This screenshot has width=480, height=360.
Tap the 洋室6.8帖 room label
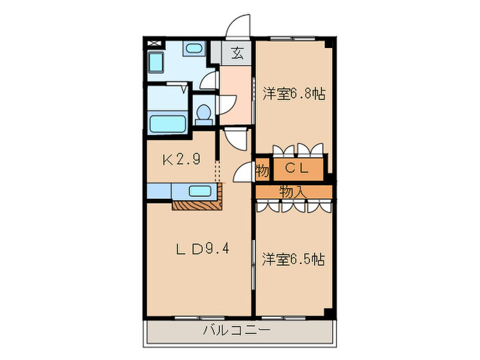click(x=293, y=96)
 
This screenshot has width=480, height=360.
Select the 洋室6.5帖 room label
click(x=293, y=259)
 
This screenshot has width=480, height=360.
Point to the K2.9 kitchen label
click(x=180, y=160)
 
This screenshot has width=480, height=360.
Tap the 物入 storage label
click(x=293, y=191)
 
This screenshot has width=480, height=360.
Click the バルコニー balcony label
click(x=237, y=331)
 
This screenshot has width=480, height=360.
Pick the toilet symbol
click(x=204, y=115)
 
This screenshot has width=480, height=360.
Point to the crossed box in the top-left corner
click(x=155, y=43)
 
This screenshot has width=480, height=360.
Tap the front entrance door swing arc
click(x=239, y=27)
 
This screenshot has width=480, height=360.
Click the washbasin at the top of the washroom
click(x=194, y=50)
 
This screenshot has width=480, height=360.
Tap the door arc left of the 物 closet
click(x=243, y=173)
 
